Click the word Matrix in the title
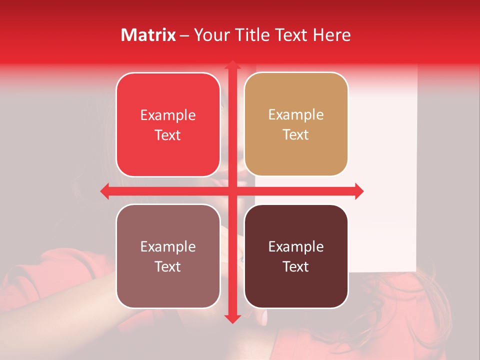148,35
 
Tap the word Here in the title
332,35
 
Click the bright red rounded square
168,124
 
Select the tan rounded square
296,124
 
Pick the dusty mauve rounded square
168,256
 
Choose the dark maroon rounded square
296,256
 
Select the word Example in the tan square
296,114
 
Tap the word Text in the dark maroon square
296,266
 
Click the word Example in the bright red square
168,115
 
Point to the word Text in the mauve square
168,266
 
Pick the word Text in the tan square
296,134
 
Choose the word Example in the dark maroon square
296,246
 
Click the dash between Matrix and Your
185,35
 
